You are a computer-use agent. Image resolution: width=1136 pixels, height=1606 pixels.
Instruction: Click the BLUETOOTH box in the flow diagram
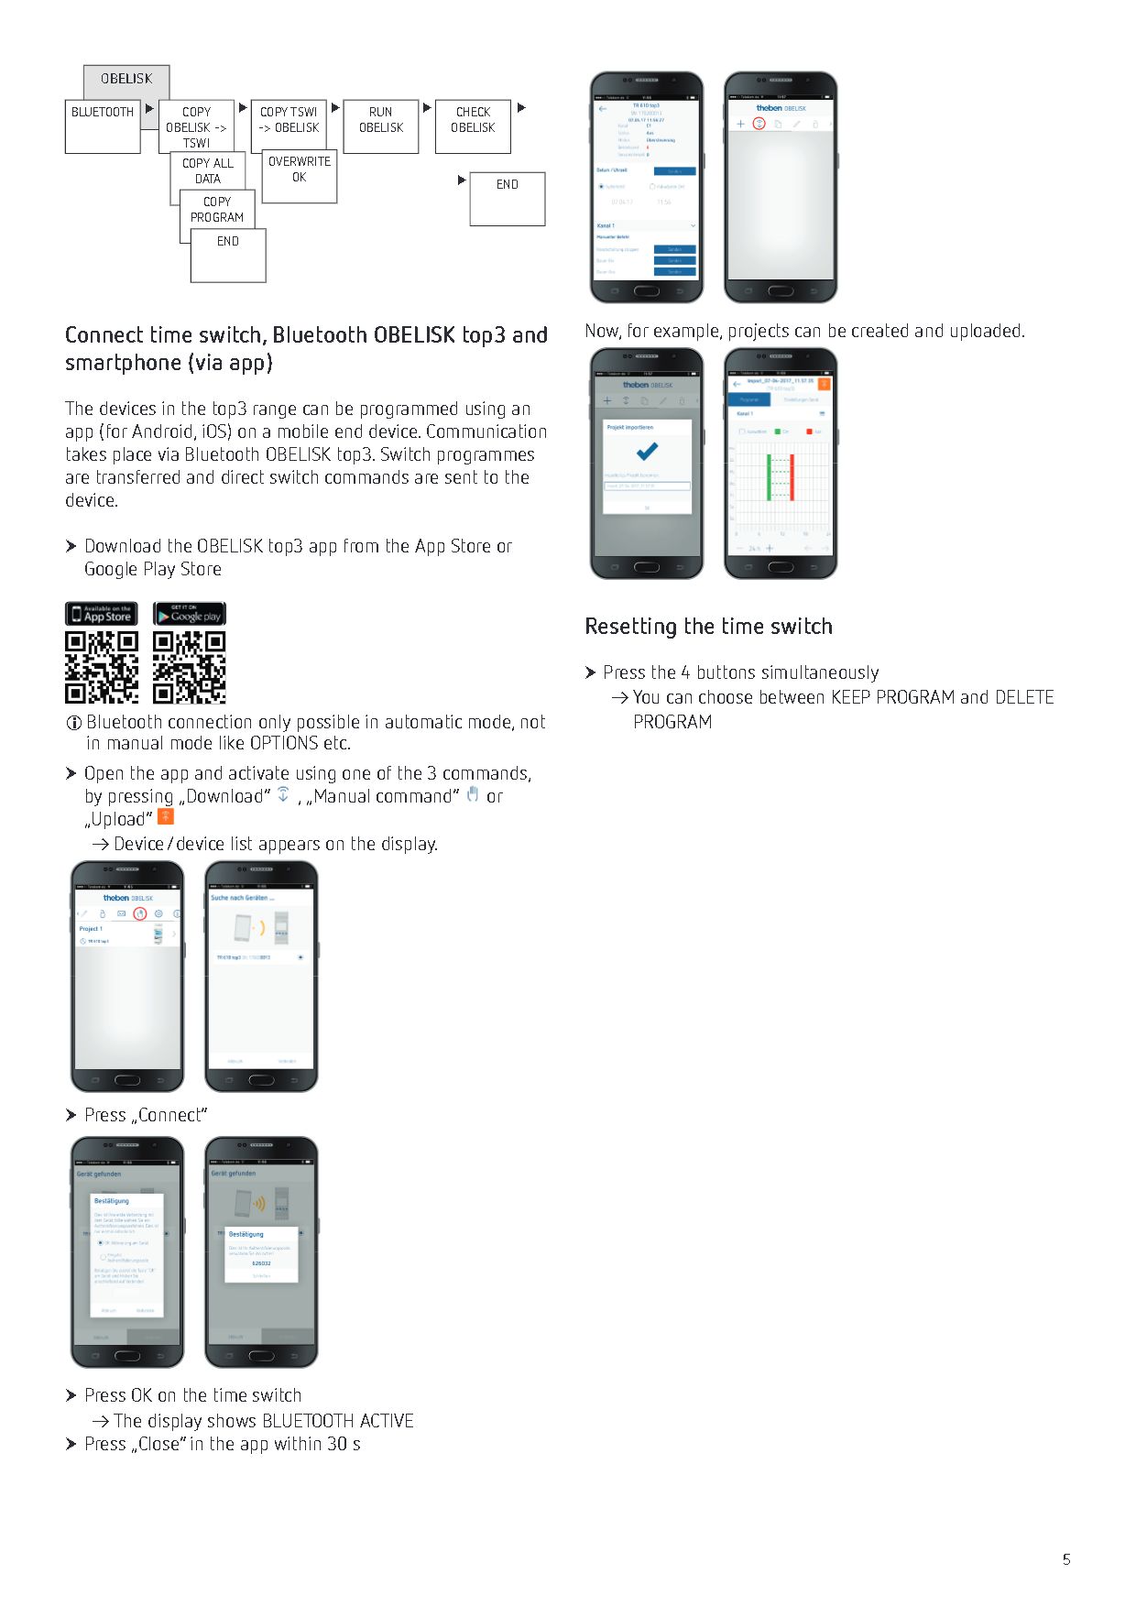click(103, 126)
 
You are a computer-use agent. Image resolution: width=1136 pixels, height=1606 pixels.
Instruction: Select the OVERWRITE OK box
click(300, 177)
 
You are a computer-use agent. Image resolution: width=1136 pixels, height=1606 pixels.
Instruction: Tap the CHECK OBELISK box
click(473, 126)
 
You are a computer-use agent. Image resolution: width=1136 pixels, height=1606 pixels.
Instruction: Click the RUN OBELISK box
click(381, 126)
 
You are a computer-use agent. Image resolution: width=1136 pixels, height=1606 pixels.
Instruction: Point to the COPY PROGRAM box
click(217, 210)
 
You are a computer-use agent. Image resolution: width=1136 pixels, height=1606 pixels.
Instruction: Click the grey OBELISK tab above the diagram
click(126, 81)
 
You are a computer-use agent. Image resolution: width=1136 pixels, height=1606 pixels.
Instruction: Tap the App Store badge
click(102, 614)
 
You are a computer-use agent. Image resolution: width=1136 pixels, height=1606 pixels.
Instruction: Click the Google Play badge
click(190, 614)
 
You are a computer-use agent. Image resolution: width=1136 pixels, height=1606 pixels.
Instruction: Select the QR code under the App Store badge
click(102, 667)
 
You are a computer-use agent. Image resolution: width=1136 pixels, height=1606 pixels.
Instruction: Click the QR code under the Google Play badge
click(190, 667)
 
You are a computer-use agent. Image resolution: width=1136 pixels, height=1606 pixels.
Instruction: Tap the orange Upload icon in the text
click(166, 816)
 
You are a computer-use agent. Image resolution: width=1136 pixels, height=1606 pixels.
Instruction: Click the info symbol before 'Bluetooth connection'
click(74, 723)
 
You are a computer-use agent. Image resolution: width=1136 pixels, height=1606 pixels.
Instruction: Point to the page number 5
click(1066, 1559)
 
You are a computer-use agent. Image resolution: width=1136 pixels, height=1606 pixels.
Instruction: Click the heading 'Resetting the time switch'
click(708, 627)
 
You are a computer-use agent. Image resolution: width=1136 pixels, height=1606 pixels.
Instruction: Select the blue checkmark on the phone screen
click(647, 451)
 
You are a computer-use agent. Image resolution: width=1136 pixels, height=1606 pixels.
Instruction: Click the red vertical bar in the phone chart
click(792, 477)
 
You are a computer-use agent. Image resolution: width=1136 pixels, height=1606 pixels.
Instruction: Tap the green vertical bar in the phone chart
click(769, 477)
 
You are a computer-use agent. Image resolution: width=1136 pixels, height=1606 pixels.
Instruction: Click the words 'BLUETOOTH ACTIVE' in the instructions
click(338, 1421)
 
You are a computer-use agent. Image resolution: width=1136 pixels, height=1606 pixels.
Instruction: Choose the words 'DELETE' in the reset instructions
click(1024, 698)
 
